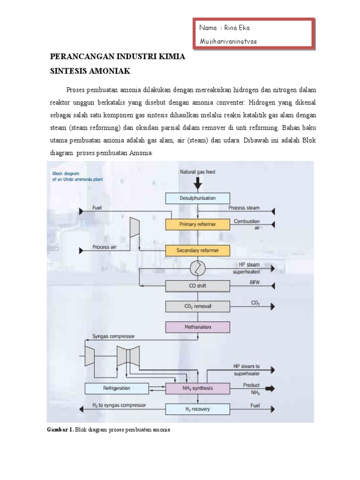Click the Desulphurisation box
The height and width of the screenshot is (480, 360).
[x=197, y=198]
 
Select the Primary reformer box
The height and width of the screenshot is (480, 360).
[x=197, y=225]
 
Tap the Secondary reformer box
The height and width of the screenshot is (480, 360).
[x=197, y=250]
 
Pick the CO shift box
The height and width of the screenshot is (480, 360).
[x=197, y=285]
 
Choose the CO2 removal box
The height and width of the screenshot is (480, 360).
[x=197, y=307]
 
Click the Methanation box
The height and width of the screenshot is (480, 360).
[x=197, y=327]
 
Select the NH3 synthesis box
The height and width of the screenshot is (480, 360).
[x=197, y=388]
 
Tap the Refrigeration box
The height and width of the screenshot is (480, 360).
[x=116, y=388]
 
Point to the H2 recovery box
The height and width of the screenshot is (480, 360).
[x=197, y=409]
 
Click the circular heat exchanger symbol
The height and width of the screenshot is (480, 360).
[x=197, y=268]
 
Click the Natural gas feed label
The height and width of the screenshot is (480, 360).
[x=197, y=172]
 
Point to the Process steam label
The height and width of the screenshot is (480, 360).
[x=244, y=208]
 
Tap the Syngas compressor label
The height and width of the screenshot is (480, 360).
[x=113, y=337]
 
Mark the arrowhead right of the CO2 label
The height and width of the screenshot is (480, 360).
[x=272, y=307]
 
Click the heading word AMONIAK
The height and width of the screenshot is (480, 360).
[x=111, y=72]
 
